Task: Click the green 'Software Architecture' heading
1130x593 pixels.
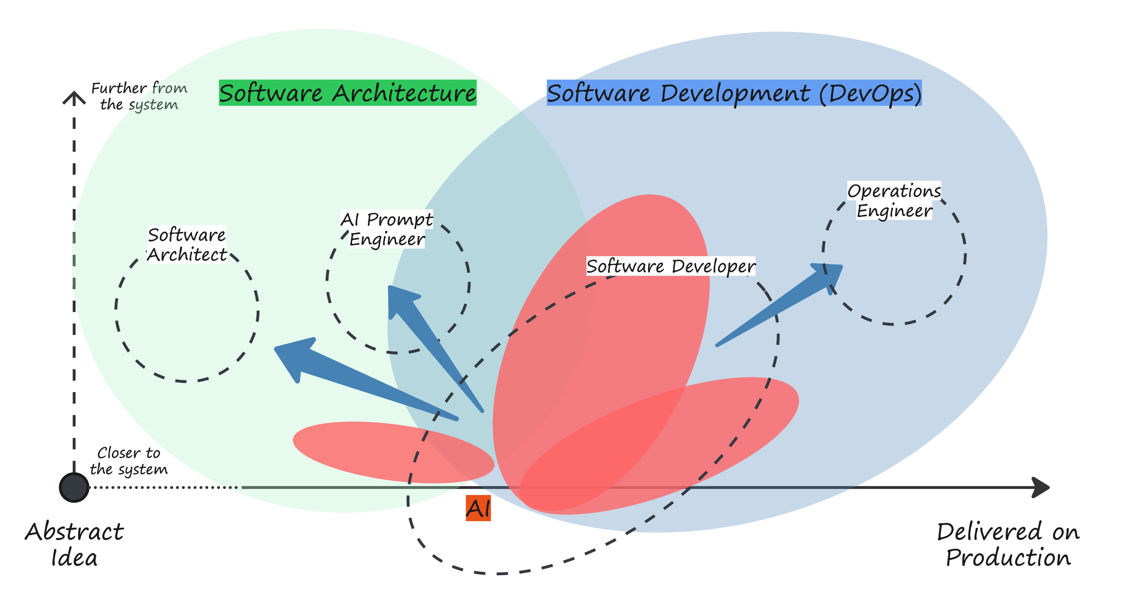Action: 347,93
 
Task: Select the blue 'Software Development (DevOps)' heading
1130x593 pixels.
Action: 734,93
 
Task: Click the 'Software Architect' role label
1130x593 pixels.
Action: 187,245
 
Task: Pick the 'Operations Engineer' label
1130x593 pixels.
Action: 894,200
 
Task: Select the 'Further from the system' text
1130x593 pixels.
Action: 139,96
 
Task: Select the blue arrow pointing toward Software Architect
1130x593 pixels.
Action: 351,373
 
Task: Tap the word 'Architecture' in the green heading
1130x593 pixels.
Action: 404,93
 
